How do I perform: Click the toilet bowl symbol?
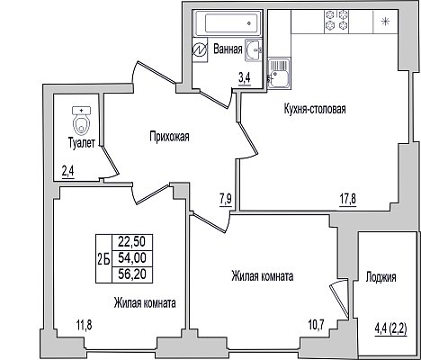[81, 121]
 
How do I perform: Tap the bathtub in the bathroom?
[228, 22]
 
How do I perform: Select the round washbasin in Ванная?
[254, 50]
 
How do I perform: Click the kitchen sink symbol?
[279, 74]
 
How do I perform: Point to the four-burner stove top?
[336, 21]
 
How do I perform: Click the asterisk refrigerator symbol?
[385, 22]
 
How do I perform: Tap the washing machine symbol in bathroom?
[200, 50]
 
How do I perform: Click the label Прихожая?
[170, 137]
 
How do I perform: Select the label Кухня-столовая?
[315, 109]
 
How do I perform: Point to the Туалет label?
[82, 143]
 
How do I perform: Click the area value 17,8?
[348, 199]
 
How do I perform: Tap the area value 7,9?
[226, 199]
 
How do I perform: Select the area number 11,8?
[84, 325]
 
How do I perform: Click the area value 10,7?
[317, 324]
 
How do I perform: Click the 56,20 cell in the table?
[132, 274]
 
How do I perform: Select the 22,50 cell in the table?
[132, 241]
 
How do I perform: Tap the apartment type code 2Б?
[103, 258]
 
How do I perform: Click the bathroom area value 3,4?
[245, 79]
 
